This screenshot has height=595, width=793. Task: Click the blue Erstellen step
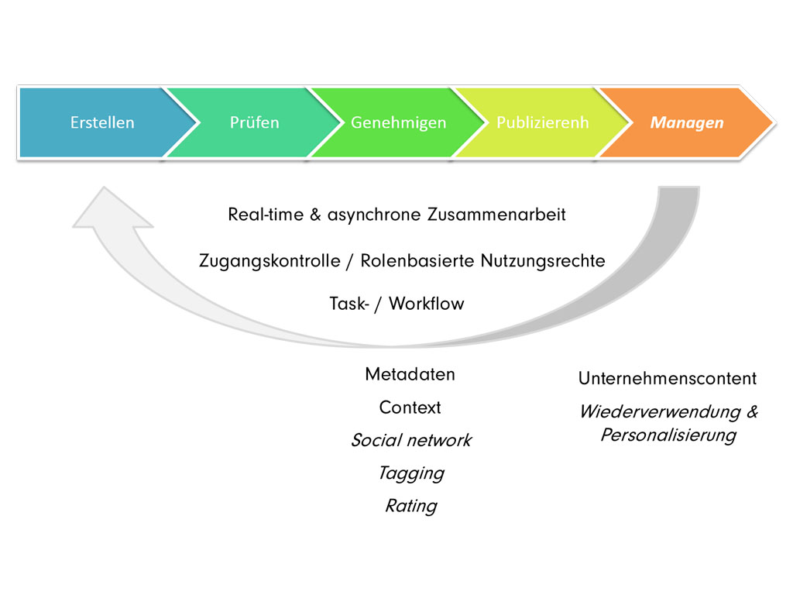101,122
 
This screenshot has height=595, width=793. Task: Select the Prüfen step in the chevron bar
254,122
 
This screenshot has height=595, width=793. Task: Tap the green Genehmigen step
398,122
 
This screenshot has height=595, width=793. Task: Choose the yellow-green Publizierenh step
542,122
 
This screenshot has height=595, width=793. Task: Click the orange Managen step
687,122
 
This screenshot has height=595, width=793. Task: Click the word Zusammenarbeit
496,215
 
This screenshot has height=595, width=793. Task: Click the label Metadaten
410,375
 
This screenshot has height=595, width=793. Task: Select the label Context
410,408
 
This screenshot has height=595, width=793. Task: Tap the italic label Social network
410,441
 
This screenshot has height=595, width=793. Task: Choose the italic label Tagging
410,473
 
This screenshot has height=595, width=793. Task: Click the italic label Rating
410,506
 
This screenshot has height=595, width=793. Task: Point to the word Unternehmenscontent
667,379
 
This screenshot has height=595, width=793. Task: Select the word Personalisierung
668,435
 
